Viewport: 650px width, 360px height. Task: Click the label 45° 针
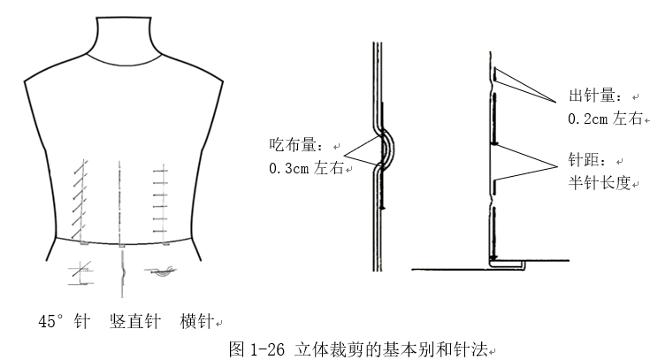[x=64, y=319]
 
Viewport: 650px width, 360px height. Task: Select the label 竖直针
[x=134, y=319]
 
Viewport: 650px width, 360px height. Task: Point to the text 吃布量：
[x=296, y=144]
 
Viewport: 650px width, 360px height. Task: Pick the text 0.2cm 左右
[x=604, y=118]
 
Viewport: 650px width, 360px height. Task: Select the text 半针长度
[x=599, y=184]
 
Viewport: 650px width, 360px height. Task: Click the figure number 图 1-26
[x=256, y=348]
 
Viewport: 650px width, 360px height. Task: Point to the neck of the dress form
[x=126, y=40]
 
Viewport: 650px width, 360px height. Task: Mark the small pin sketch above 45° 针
[x=79, y=274]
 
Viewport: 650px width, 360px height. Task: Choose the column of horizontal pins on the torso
[x=159, y=199]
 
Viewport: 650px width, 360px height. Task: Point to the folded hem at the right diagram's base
[x=508, y=262]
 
